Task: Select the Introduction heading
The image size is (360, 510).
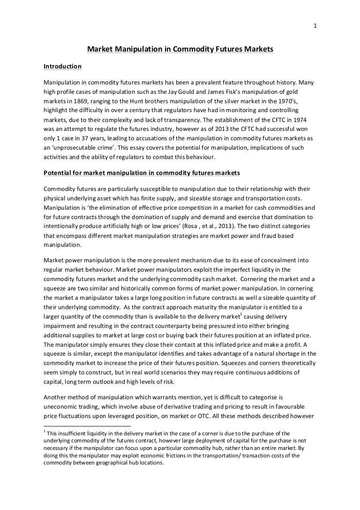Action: pos(62,66)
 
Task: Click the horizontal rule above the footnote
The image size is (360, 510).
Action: pos(87,426)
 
